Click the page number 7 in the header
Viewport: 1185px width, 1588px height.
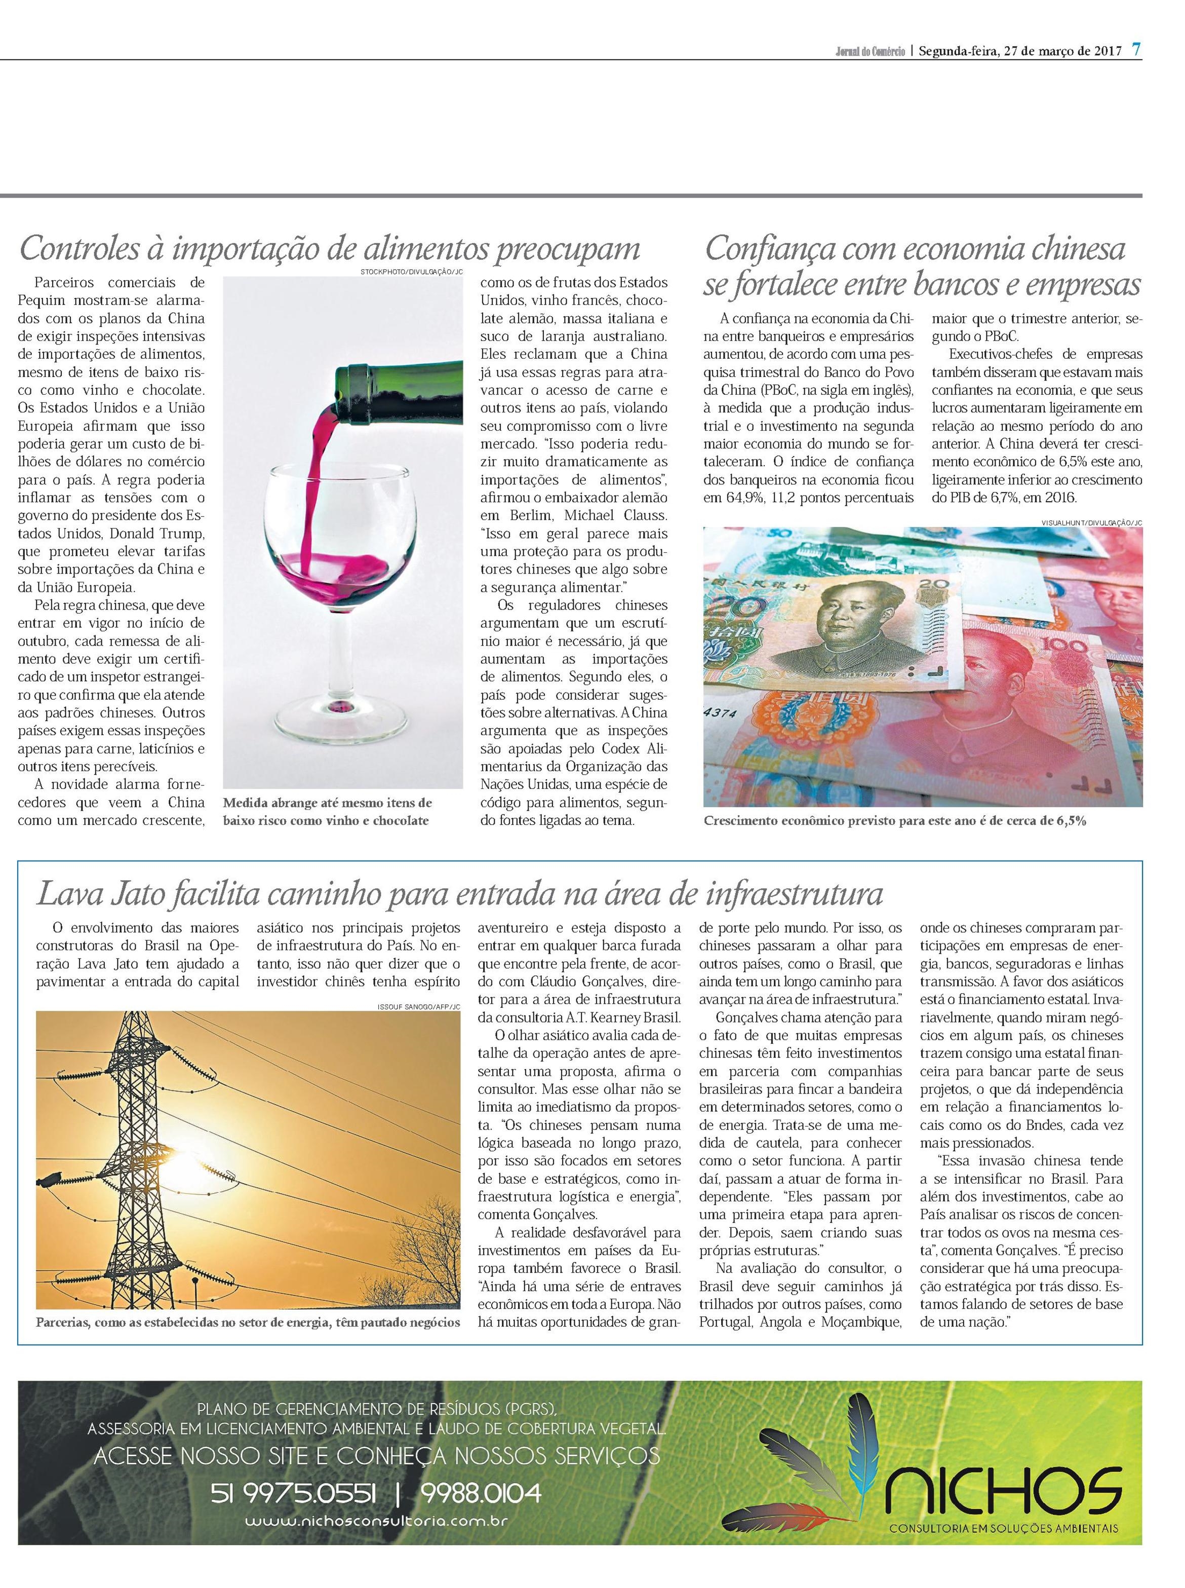(x=1136, y=50)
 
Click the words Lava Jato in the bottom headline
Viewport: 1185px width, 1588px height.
(x=88, y=894)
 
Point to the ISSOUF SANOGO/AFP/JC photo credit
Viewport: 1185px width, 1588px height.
(x=418, y=1007)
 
